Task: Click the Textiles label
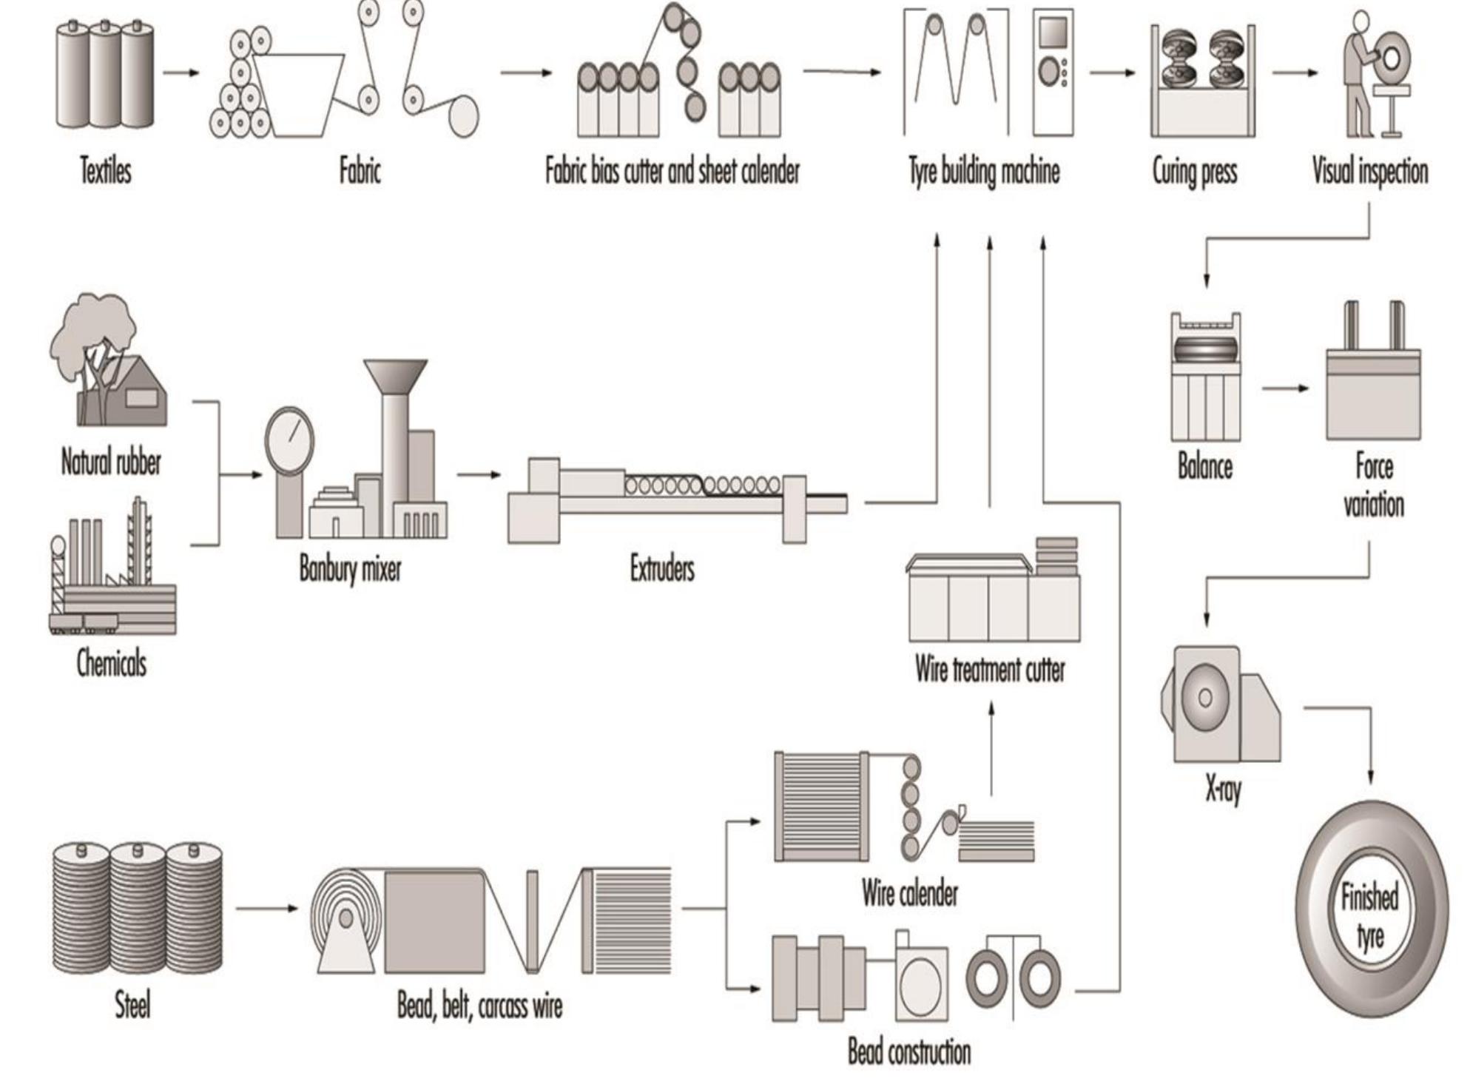click(x=106, y=171)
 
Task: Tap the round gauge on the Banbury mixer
click(x=289, y=442)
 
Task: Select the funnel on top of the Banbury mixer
click(x=395, y=377)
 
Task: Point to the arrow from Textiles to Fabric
click(x=181, y=73)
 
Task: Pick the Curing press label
click(x=1194, y=172)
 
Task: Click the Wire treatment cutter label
click(x=990, y=670)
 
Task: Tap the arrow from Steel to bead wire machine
click(x=266, y=908)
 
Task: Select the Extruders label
click(x=662, y=569)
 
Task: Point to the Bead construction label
click(x=909, y=1051)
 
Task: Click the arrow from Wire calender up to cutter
click(x=991, y=747)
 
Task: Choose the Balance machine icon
click(x=1205, y=377)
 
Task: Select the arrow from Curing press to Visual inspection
click(x=1295, y=73)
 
